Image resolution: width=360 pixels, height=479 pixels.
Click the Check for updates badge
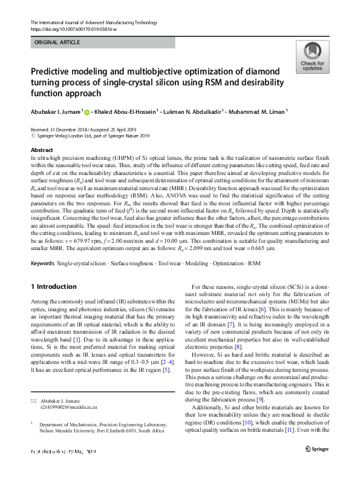(312, 57)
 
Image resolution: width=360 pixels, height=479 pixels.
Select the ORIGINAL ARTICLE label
(57, 42)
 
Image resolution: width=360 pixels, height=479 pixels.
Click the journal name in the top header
(90, 22)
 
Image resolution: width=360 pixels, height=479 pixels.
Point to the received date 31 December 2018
(71, 130)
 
